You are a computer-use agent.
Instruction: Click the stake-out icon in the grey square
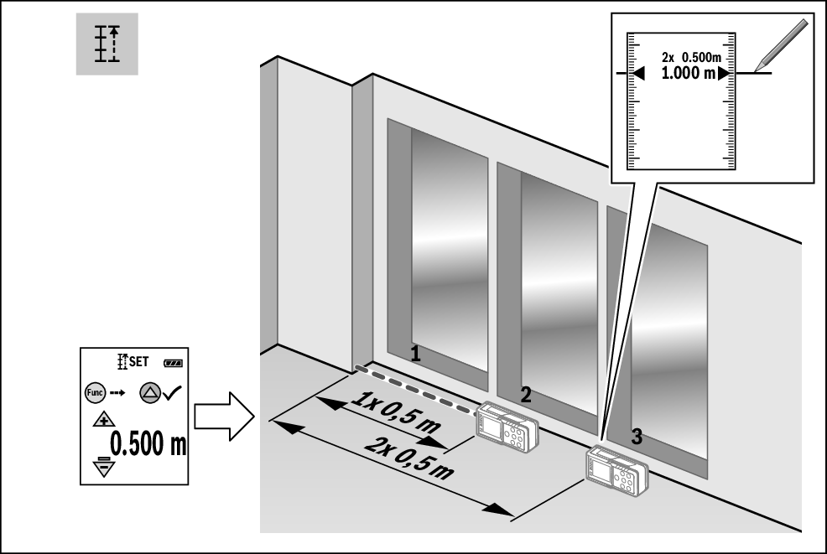tap(107, 44)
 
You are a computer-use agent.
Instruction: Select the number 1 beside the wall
tap(415, 354)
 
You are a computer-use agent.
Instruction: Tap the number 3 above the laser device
tap(637, 436)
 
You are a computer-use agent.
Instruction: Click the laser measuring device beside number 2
tap(507, 427)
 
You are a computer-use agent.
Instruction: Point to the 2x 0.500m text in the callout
tap(694, 57)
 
